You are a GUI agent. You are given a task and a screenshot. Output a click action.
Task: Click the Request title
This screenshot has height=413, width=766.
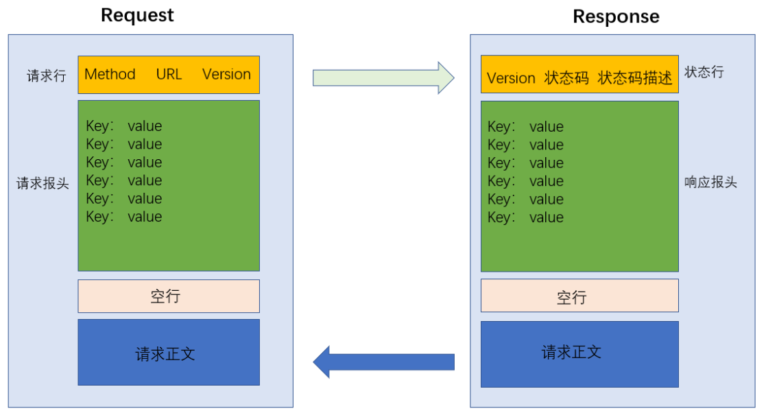137,15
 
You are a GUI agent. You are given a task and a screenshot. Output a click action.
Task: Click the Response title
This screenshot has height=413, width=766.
616,16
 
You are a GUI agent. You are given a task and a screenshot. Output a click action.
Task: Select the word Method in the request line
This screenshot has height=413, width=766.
110,74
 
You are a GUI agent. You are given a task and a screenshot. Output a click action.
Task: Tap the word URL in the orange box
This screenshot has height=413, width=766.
169,74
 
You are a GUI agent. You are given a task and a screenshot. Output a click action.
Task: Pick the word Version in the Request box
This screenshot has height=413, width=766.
226,74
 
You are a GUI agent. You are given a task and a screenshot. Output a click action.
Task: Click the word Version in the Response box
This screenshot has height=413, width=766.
511,78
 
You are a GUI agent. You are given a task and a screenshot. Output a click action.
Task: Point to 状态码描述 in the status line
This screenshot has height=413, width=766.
635,78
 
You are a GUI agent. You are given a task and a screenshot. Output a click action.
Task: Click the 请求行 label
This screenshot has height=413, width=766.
47,75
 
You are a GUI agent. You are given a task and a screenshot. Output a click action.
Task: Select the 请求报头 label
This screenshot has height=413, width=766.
43,184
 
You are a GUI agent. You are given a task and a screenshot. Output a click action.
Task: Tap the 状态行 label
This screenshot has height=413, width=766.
704,72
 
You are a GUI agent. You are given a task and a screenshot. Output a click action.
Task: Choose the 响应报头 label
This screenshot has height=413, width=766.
710,182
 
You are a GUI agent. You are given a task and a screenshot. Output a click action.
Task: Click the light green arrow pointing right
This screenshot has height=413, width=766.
383,78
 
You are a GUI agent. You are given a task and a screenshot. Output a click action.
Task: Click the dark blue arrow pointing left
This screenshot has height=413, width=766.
383,362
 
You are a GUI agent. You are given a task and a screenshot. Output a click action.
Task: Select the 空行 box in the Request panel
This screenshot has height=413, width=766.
169,296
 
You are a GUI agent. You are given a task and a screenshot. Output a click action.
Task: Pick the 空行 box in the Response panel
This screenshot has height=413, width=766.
579,296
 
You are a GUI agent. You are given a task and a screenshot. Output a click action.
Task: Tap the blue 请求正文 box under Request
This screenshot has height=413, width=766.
169,353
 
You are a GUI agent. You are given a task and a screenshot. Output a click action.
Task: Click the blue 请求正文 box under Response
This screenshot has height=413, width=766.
579,354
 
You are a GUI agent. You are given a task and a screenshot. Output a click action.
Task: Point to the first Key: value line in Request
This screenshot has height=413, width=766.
124,126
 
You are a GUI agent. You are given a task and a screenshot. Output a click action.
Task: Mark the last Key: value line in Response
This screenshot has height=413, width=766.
525,217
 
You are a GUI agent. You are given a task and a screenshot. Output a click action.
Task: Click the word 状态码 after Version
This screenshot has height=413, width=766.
566,78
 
